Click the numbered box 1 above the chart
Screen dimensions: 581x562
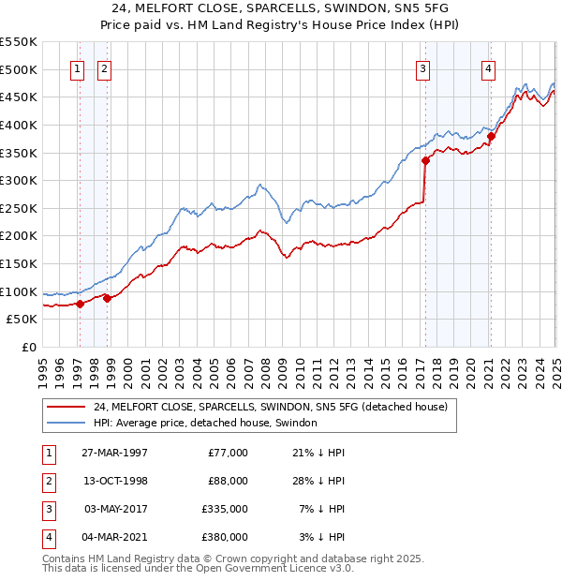pyautogui.click(x=77, y=67)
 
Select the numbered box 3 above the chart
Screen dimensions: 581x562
pyautogui.click(x=423, y=67)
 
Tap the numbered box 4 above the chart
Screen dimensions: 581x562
pyautogui.click(x=489, y=67)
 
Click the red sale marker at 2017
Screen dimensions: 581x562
pyautogui.click(x=425, y=160)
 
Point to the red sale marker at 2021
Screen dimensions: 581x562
pyautogui.click(x=491, y=136)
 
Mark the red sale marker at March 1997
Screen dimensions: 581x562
pyautogui.click(x=81, y=304)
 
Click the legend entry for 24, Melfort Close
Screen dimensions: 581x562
pyautogui.click(x=271, y=407)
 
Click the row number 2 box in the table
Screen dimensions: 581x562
pyautogui.click(x=47, y=481)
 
